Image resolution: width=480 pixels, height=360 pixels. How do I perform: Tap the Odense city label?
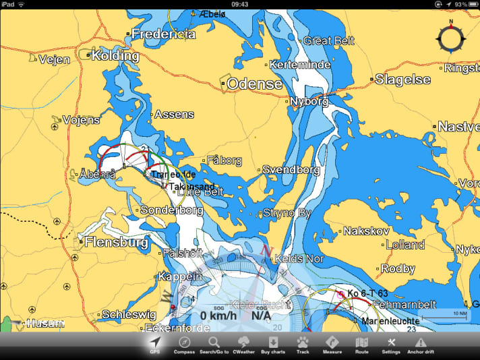coord(254,84)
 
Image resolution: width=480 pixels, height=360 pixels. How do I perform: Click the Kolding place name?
coord(115,55)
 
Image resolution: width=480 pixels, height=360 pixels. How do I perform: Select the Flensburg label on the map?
coord(113,241)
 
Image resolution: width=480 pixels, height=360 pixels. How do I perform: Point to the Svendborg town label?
coord(291,170)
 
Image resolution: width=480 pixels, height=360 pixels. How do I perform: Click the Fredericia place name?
coord(163,34)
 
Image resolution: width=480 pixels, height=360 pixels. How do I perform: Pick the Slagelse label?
coord(402,80)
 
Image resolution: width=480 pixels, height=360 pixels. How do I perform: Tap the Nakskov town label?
coord(366,231)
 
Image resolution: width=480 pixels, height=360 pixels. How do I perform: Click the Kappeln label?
coord(180,276)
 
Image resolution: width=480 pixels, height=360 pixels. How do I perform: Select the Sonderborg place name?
coord(171,210)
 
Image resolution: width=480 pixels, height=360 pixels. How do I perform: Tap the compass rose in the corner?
coord(450,38)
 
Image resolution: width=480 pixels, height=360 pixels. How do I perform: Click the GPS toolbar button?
coord(155,344)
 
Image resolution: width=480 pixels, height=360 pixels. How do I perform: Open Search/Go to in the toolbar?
coord(214,344)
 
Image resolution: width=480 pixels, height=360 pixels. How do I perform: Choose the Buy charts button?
coord(273,344)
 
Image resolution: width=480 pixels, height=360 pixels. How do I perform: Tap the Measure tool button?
coord(332,344)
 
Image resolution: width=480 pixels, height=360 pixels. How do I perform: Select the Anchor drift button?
coord(421,344)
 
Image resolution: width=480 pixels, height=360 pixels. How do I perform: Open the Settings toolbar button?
coord(391,344)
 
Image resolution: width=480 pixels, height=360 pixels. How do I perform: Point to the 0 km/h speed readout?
coord(218,316)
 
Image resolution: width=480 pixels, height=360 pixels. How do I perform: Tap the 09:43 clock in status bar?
coord(239,4)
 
